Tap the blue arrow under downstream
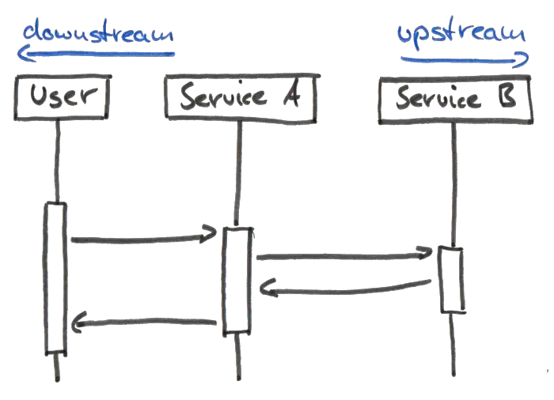(x=95, y=54)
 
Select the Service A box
(x=242, y=96)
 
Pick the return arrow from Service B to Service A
(x=348, y=289)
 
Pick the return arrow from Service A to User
(x=146, y=321)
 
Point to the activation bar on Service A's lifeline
(x=237, y=279)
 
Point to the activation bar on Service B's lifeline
(x=453, y=280)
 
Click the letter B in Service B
(x=507, y=99)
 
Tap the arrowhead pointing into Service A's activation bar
(x=210, y=232)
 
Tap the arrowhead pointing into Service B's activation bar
(x=425, y=253)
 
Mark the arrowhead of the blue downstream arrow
(x=21, y=53)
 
